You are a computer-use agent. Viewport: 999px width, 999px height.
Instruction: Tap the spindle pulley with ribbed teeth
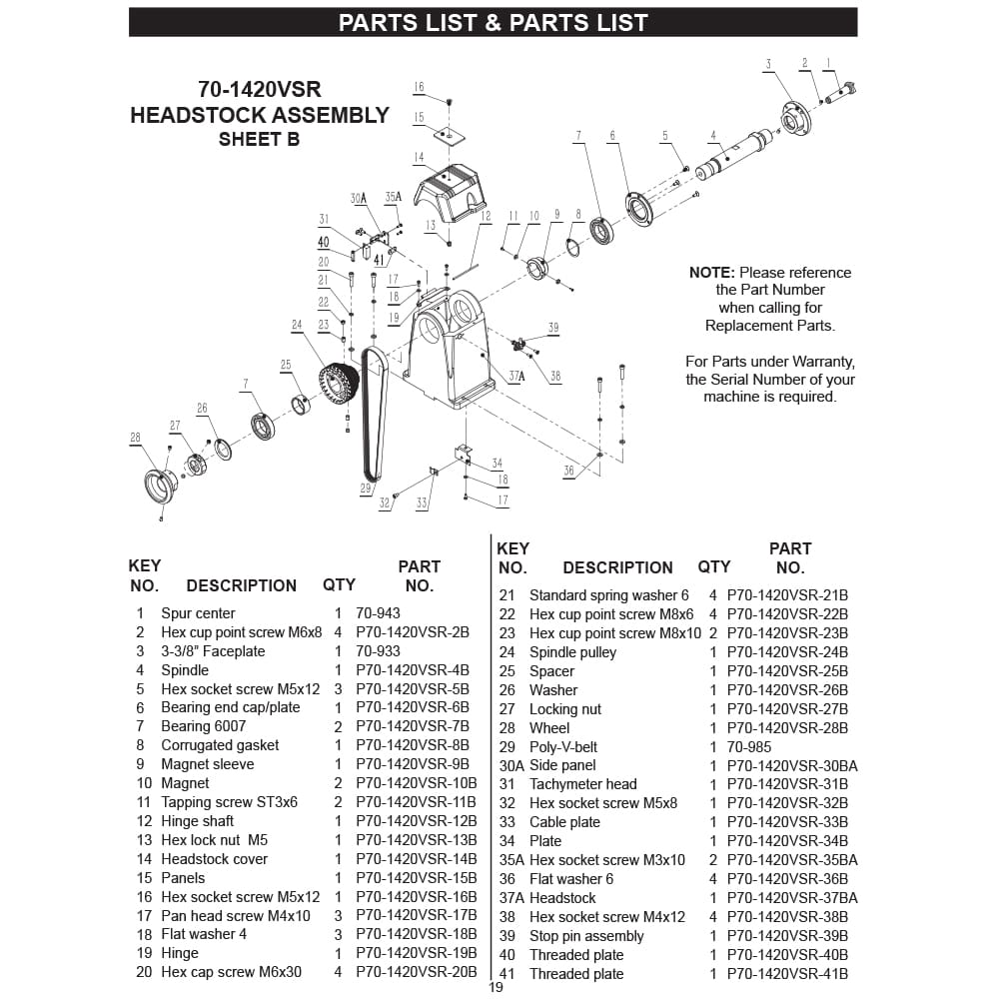[339, 384]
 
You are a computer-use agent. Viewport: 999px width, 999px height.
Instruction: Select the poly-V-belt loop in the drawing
[374, 415]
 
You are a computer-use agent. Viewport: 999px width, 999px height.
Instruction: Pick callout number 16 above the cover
[419, 87]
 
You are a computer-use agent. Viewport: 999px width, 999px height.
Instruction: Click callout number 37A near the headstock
[516, 376]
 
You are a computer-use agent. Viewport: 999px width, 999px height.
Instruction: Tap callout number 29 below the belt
[365, 489]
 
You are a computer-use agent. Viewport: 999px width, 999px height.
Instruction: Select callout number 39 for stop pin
[553, 328]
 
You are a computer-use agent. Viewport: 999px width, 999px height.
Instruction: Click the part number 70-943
[378, 613]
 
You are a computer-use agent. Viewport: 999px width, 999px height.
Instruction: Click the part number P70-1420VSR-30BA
[792, 765]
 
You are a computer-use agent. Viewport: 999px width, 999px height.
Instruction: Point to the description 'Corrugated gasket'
[220, 745]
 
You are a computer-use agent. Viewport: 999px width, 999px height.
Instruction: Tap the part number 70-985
[749, 746]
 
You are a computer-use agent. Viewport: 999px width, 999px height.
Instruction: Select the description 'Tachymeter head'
[583, 784]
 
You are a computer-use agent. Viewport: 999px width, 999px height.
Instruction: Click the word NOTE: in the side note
[711, 273]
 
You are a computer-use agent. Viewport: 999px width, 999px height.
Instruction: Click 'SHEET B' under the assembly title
[260, 139]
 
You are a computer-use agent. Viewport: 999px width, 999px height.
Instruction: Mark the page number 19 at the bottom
[496, 987]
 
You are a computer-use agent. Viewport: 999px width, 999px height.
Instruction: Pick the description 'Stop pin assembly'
[586, 936]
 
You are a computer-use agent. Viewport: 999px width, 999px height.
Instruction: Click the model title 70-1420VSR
[260, 89]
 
